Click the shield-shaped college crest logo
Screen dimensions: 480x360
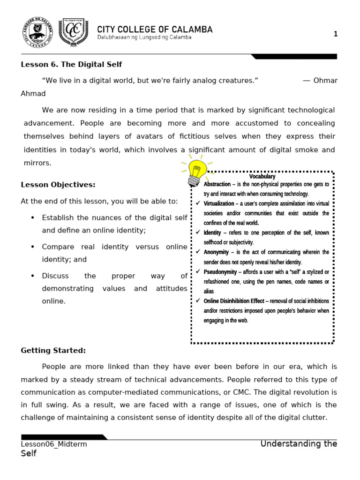(73, 33)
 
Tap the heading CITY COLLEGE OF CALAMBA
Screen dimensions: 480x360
(155, 29)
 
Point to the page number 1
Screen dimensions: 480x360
(335, 34)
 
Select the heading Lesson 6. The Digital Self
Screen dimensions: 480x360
(71, 64)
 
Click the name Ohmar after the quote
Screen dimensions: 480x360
(325, 80)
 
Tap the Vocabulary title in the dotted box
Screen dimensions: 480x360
(262, 177)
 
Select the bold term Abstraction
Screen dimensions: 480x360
(217, 184)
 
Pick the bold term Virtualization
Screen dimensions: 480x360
(219, 204)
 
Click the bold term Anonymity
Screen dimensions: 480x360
(216, 252)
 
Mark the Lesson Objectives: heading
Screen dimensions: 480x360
(58, 185)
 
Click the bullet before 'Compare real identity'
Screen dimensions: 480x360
(32, 247)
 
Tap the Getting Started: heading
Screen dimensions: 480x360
(53, 351)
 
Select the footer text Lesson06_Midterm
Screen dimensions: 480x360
(54, 444)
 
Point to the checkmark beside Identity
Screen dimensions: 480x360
(198, 232)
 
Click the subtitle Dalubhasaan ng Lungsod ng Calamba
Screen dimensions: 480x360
(144, 37)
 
